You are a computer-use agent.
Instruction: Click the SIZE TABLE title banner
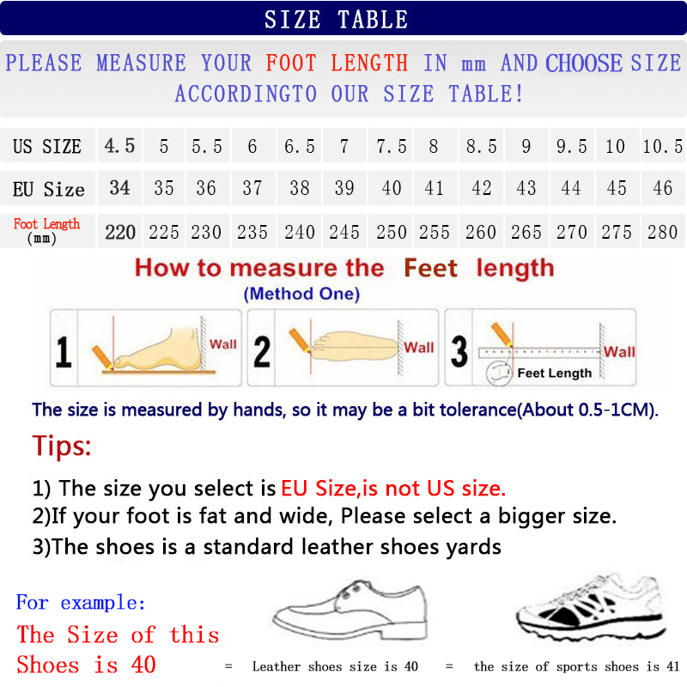click(343, 18)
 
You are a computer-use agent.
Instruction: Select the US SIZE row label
click(47, 146)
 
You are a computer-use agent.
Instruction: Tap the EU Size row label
click(48, 189)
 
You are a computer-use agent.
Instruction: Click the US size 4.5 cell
click(119, 146)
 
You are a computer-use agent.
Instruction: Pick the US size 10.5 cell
click(662, 146)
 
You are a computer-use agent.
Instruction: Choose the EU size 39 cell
click(344, 188)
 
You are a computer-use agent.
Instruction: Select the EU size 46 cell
click(662, 188)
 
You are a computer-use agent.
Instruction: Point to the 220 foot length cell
click(120, 232)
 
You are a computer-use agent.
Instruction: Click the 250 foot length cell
click(391, 232)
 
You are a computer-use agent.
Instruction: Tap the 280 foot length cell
click(662, 232)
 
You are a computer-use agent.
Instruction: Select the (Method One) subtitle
click(301, 294)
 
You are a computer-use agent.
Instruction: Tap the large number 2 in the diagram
click(262, 352)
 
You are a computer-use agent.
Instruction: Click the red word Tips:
click(62, 447)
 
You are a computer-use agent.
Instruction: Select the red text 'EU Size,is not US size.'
click(393, 489)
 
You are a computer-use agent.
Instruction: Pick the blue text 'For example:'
click(81, 602)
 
